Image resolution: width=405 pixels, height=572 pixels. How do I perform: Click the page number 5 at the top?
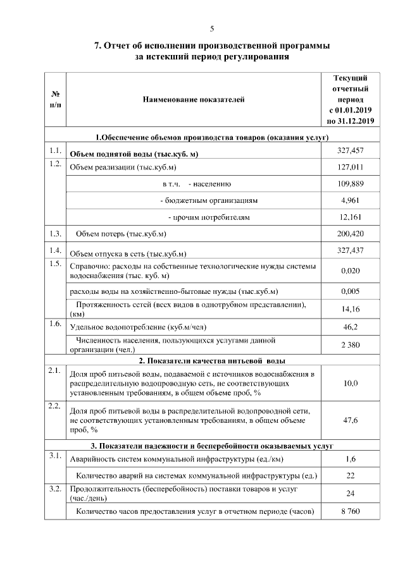tap(212, 28)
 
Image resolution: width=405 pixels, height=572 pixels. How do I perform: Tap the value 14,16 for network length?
tap(350, 309)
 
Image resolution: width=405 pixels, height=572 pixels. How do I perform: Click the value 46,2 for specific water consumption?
tap(350, 327)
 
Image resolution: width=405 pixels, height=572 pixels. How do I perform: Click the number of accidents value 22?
tap(350, 475)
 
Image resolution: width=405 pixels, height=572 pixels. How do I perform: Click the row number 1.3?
tap(54, 234)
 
